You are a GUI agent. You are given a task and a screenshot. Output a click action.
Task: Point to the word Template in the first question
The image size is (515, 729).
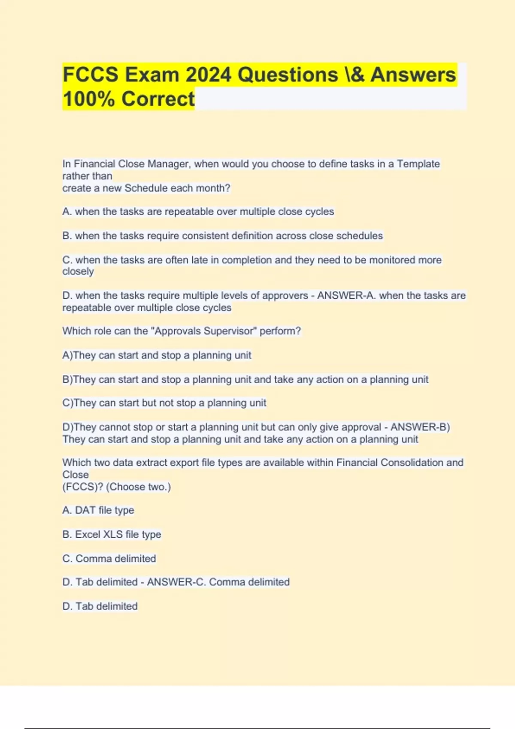[x=418, y=164]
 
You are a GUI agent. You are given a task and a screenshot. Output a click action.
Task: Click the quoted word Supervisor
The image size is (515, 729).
[x=230, y=331]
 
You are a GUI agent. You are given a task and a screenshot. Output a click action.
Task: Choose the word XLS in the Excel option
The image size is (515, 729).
[x=113, y=534]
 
